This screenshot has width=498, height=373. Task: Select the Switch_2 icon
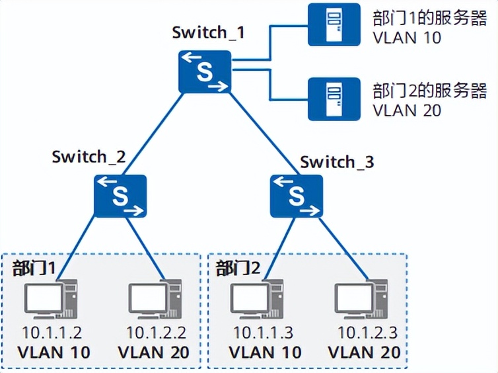tap(120, 196)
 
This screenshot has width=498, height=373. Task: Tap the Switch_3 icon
tap(297, 196)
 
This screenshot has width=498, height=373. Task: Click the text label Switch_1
tap(208, 32)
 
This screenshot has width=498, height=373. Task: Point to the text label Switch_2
tap(89, 157)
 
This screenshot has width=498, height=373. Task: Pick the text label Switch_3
tap(337, 161)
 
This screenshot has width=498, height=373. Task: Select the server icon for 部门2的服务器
tap(334, 99)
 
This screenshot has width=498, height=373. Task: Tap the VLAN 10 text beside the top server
tap(407, 37)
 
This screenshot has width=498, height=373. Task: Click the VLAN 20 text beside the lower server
tap(407, 110)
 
